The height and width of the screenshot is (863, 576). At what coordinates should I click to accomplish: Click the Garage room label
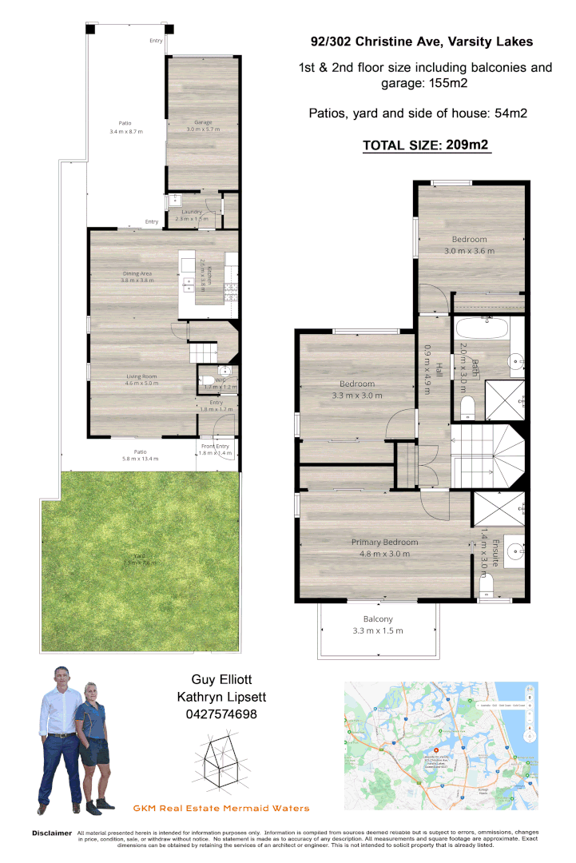[203, 122]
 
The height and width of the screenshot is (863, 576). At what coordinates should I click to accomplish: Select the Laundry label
[192, 212]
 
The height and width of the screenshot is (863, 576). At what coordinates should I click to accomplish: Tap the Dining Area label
[137, 273]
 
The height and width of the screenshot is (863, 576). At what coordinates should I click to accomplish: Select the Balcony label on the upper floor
[378, 619]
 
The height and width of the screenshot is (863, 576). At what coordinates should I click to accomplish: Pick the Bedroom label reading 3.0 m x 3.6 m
[469, 240]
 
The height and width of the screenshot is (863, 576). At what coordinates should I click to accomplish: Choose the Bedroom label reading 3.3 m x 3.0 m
[353, 384]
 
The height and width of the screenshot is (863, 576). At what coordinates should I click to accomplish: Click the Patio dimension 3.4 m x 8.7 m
[126, 131]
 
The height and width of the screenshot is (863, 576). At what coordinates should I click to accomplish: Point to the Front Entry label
[216, 447]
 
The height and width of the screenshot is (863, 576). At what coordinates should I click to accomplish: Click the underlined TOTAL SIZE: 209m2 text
[425, 145]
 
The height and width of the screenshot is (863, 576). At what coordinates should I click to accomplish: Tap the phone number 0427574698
[220, 714]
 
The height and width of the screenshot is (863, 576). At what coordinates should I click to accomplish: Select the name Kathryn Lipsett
[220, 697]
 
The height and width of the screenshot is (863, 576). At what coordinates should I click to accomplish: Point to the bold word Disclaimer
[52, 833]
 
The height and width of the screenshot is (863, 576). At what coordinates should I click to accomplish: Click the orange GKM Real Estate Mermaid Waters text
[220, 809]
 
